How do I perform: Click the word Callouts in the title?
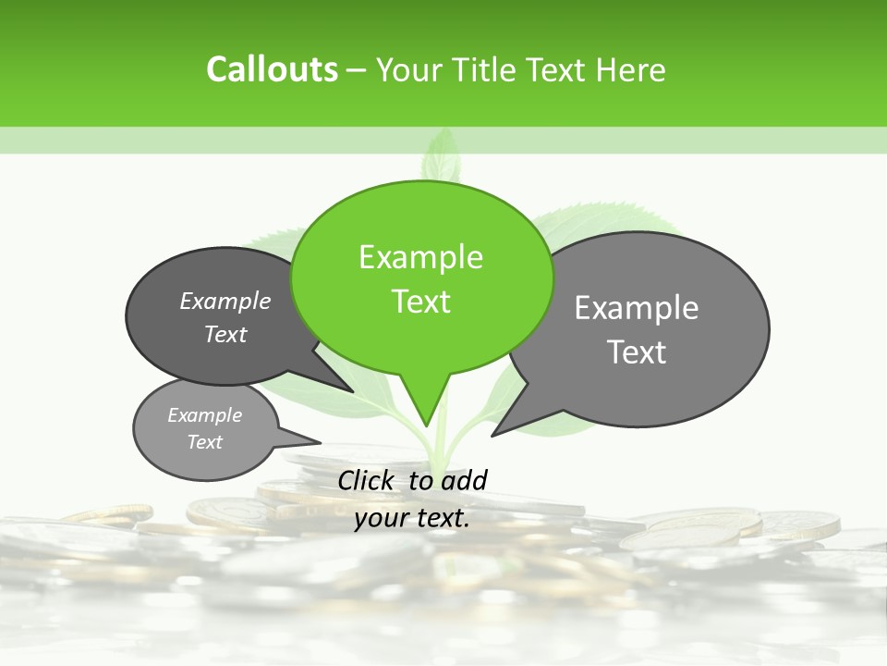click(x=272, y=69)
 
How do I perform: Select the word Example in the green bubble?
click(x=420, y=257)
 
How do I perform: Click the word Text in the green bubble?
click(x=420, y=302)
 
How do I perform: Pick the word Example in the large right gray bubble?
click(x=637, y=308)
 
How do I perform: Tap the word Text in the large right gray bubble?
click(x=637, y=352)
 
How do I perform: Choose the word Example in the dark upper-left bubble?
click(x=225, y=301)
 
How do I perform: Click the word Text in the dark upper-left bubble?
click(x=225, y=334)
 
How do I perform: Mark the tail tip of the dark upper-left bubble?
click(x=352, y=392)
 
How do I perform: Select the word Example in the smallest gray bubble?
click(x=204, y=415)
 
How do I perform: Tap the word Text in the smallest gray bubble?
click(x=204, y=442)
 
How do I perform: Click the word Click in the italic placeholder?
click(x=367, y=480)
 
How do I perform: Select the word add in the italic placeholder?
click(x=463, y=480)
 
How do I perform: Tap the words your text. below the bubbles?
click(x=412, y=518)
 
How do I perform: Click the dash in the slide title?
click(x=358, y=70)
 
